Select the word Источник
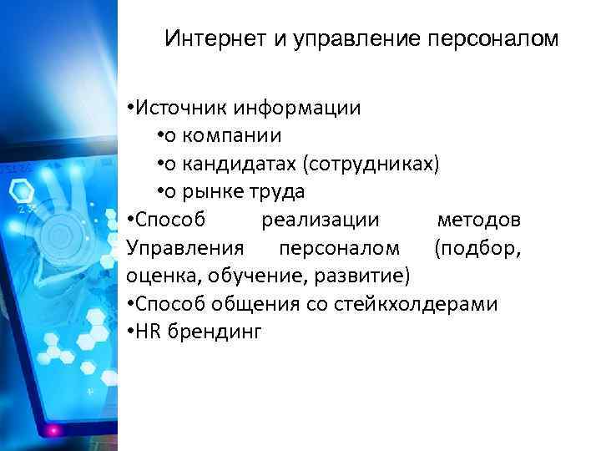(181, 108)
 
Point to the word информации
(298, 108)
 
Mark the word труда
(277, 191)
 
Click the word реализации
(321, 220)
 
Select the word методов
(480, 220)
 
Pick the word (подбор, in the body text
(477, 248)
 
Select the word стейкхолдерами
(417, 303)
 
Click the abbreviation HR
(149, 332)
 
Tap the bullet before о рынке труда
(159, 192)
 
